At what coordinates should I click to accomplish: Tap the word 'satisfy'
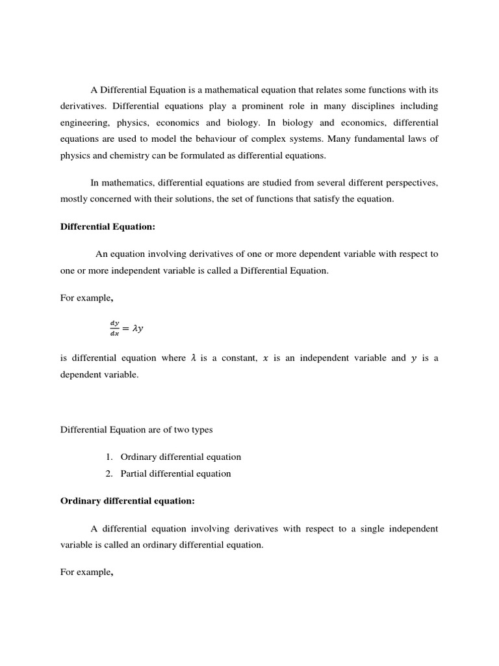click(331, 199)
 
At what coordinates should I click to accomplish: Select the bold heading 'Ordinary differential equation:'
click(127, 501)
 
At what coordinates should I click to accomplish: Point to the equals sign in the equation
click(125, 328)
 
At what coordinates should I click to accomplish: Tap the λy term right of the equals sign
click(137, 328)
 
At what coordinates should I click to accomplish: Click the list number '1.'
click(110, 457)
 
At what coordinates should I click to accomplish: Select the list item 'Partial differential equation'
click(175, 473)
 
